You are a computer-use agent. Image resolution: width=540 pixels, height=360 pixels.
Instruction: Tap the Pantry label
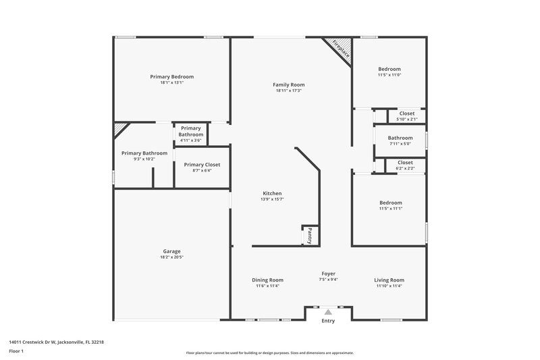tap(310, 235)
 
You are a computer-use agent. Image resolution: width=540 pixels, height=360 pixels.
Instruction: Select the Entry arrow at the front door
tap(328, 312)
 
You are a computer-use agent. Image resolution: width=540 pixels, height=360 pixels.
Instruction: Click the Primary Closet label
tap(202, 165)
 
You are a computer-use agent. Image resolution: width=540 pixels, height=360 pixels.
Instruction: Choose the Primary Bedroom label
tap(171, 77)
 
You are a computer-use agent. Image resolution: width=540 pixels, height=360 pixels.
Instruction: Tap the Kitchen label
tap(271, 194)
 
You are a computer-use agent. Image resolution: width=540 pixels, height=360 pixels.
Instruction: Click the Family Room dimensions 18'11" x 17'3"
tap(288, 91)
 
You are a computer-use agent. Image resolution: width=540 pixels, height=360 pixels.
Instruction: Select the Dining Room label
tap(267, 280)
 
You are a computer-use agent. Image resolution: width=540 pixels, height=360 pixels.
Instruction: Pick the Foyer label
tap(328, 274)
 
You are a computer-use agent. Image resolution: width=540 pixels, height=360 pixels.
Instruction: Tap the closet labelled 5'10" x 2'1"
tap(406, 116)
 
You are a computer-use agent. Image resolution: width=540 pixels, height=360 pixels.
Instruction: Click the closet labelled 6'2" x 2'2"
tap(405, 165)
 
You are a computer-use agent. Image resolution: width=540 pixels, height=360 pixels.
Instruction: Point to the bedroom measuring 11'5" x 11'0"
tap(389, 72)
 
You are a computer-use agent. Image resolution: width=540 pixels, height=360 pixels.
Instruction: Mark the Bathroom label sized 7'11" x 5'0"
tap(400, 140)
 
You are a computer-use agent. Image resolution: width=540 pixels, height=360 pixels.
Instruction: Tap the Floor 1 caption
tap(16, 351)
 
